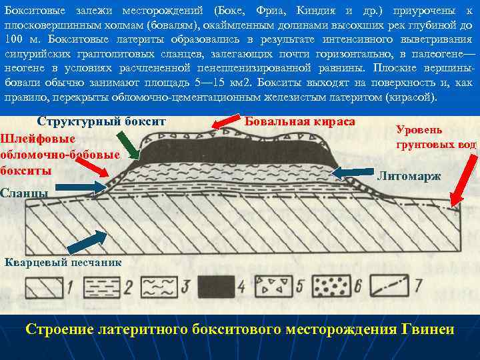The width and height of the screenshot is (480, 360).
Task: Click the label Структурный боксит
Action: coord(101,122)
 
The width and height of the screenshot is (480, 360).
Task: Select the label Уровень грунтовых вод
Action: coord(435,137)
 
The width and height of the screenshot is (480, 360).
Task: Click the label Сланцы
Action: coord(24,193)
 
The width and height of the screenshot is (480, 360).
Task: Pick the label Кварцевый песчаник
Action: coord(63,262)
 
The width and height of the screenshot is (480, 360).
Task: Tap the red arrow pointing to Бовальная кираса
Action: coord(228,122)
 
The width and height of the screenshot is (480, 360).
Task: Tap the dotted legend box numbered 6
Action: coord(333,286)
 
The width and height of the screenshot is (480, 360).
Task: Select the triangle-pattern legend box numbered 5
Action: coord(275,286)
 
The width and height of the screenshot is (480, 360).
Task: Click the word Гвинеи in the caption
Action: coord(429,329)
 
